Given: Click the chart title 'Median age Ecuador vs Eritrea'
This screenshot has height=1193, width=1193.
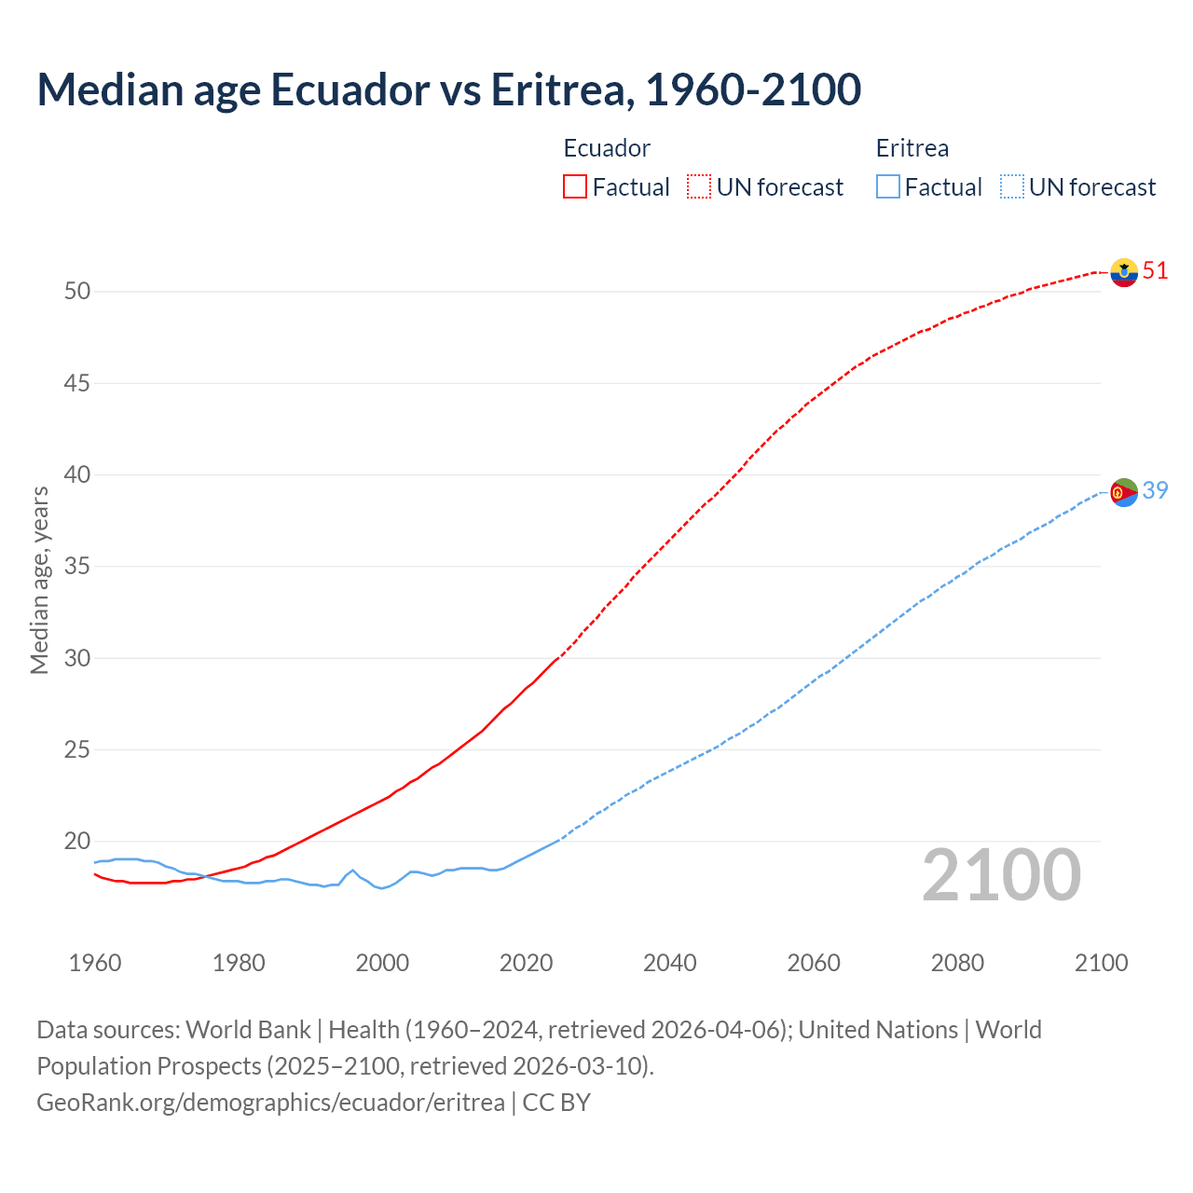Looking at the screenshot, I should [x=448, y=89].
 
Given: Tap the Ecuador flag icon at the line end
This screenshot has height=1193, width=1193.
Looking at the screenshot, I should [x=1124, y=272].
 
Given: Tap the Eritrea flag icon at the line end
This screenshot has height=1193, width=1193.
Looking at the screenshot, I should [x=1124, y=492].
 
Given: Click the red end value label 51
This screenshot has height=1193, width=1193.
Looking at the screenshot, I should [x=1155, y=271].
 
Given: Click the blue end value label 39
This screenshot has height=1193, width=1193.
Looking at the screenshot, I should [x=1155, y=490].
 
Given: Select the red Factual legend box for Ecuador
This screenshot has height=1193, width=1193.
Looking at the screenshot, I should [x=575, y=186].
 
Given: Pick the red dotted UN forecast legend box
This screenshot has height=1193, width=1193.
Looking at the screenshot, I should [x=699, y=186].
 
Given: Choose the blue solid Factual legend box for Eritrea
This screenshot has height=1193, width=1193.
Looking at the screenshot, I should [x=888, y=186].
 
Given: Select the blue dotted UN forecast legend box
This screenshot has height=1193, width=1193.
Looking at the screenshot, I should [x=1011, y=186].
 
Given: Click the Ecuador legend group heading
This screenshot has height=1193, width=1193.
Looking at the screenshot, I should [x=607, y=148].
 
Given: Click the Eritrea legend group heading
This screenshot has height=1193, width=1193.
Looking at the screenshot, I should [x=912, y=148].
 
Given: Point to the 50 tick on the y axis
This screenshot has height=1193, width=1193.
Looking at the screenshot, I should [x=77, y=292].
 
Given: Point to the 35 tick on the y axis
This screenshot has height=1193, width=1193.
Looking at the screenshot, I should [x=77, y=567].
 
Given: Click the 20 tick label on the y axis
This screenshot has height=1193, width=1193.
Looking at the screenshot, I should [x=77, y=842].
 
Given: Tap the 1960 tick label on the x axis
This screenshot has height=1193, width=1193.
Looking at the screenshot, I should [x=95, y=963].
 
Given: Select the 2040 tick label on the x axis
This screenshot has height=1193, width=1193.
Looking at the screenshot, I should [x=669, y=963].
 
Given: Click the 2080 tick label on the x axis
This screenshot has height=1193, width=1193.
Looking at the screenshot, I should [x=957, y=963].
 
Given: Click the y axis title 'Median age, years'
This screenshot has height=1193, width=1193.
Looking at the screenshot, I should [x=39, y=580].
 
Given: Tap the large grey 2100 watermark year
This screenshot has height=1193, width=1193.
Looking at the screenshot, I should [x=1001, y=875].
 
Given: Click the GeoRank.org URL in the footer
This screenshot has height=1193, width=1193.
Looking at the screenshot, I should [x=270, y=1103].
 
